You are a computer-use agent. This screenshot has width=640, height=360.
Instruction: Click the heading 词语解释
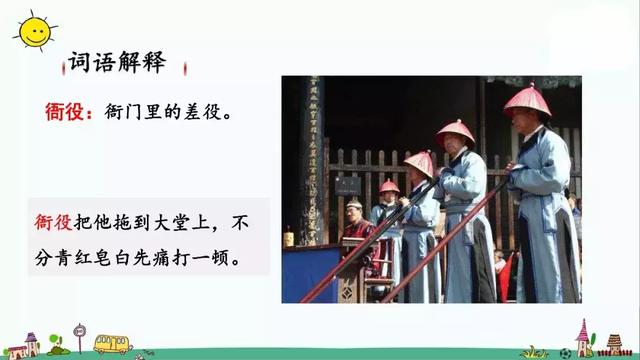(x=116, y=63)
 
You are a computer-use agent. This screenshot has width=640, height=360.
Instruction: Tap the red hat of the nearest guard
(x=527, y=100)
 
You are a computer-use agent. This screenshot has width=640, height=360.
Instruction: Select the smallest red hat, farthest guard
(x=389, y=186)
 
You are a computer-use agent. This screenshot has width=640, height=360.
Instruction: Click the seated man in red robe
(x=356, y=228)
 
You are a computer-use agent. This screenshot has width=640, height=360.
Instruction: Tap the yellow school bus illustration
(x=113, y=343)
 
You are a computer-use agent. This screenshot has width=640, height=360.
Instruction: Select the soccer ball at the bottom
(x=565, y=352)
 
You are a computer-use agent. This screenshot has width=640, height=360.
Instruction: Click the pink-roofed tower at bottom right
(x=584, y=336)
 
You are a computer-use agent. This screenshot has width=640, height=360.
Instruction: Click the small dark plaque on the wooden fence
(x=347, y=185)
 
